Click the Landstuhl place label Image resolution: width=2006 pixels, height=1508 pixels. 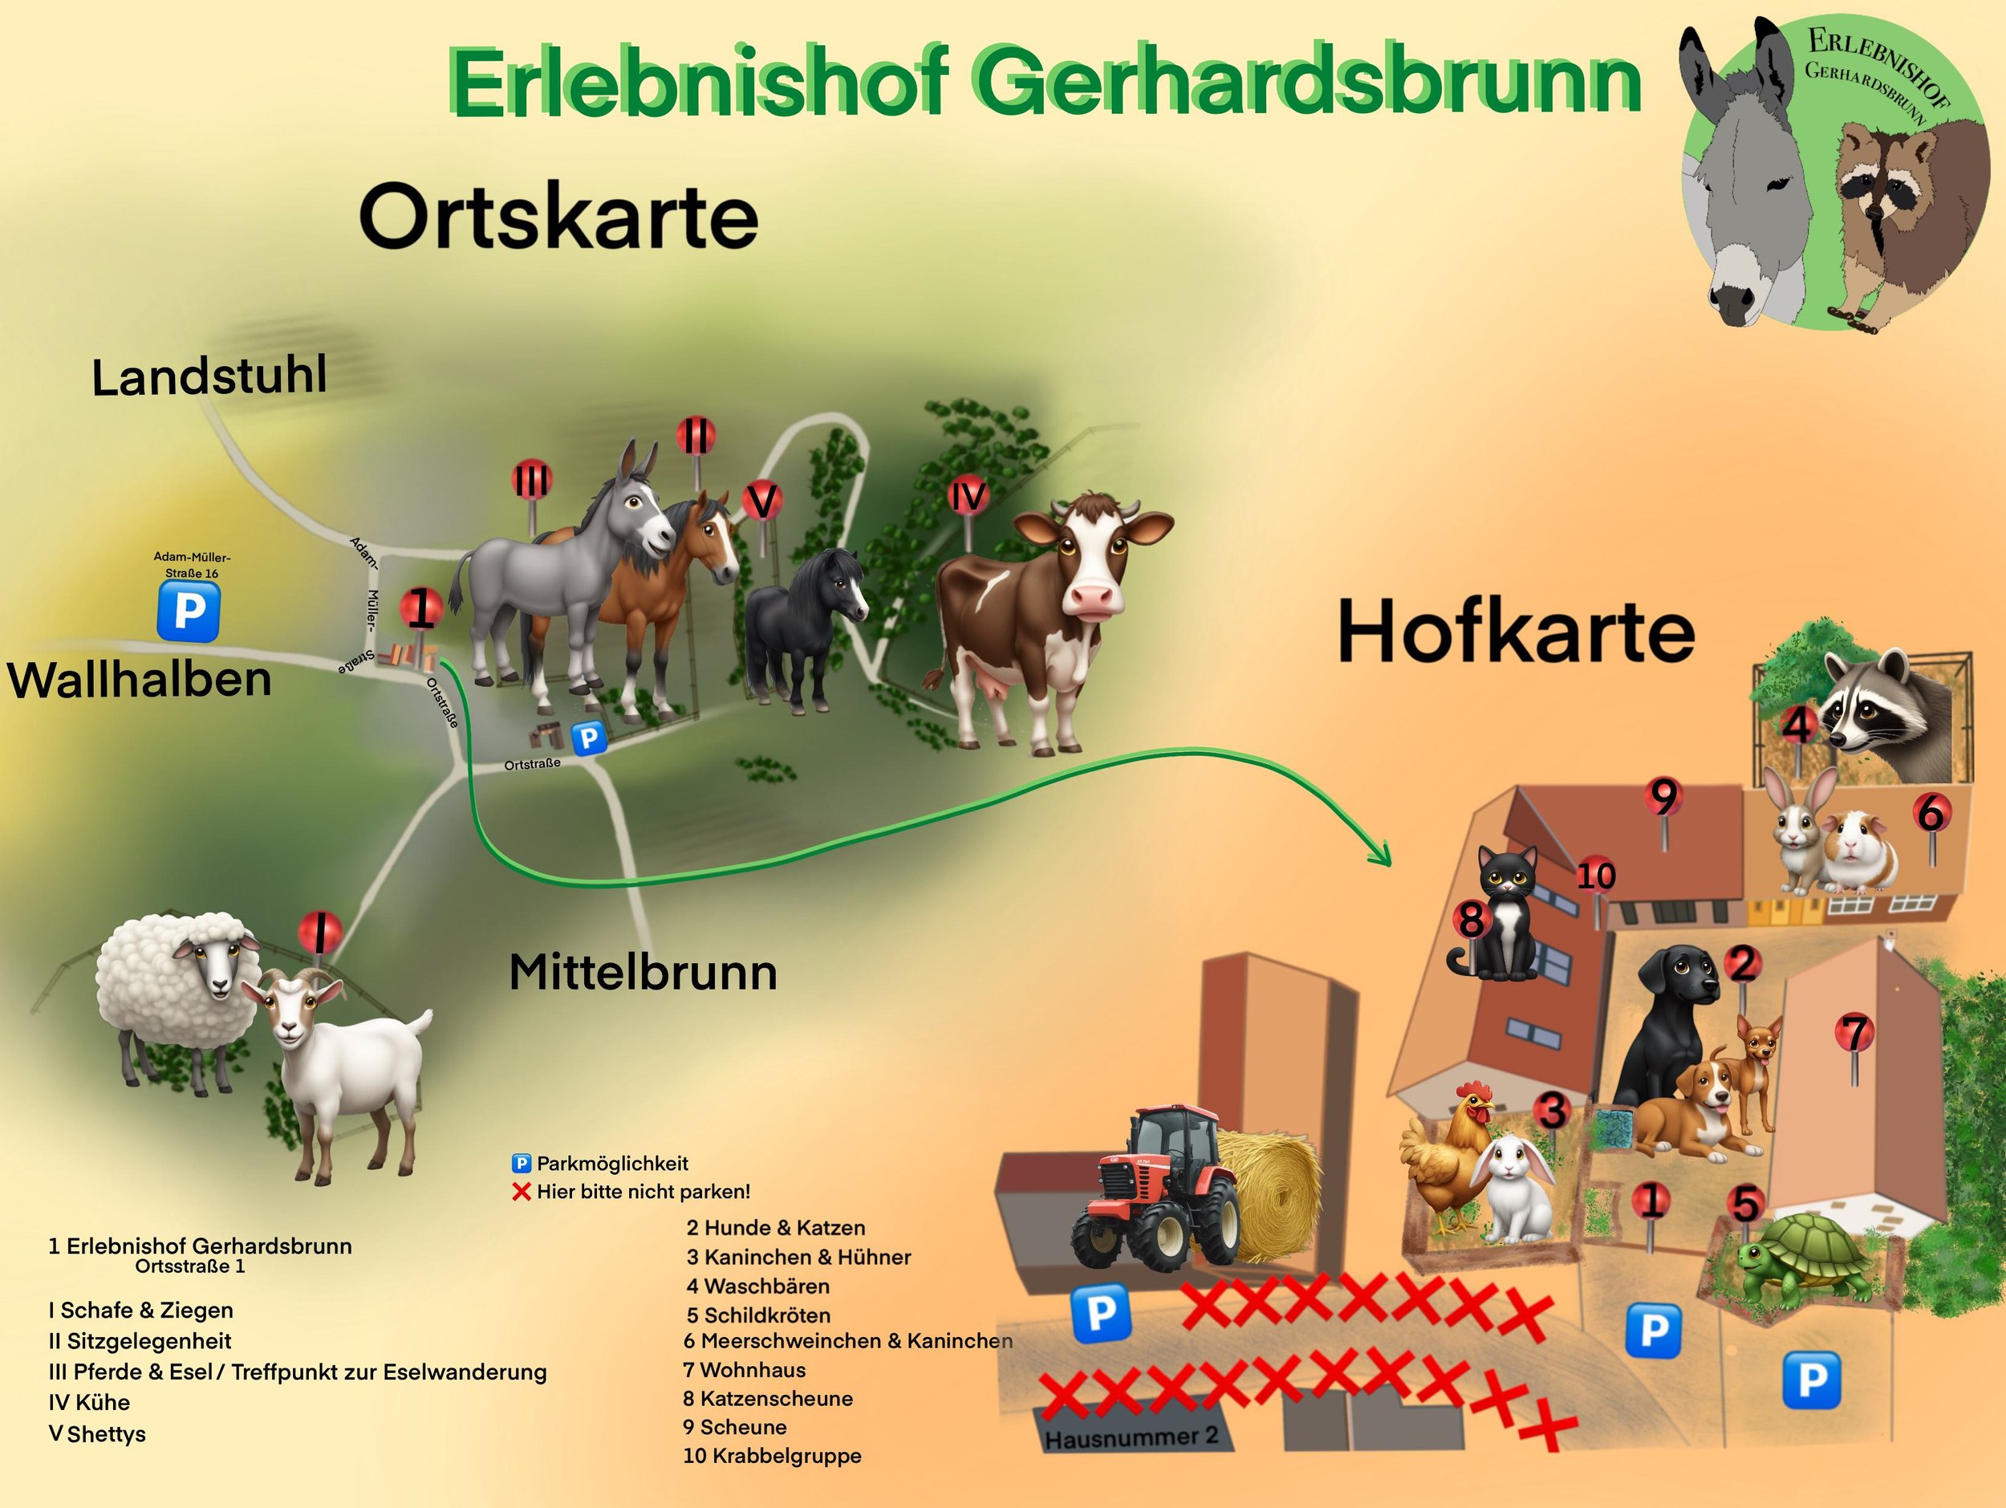coord(209,376)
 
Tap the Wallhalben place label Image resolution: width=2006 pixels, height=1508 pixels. coord(140,680)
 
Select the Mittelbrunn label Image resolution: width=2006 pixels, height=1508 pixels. coord(643,973)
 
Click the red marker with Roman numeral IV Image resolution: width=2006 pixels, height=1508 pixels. coord(968,497)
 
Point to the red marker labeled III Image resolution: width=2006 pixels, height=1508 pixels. coord(532,480)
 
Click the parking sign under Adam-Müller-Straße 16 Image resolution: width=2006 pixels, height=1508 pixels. coord(189,612)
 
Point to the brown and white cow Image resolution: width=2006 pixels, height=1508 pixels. coord(1043,616)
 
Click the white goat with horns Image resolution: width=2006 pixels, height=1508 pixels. coord(340,1070)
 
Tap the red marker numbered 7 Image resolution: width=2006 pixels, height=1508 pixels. coord(1854,1034)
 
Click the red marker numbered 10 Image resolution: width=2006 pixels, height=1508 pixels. coord(1595,876)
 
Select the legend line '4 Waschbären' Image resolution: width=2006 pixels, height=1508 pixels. coord(757,1286)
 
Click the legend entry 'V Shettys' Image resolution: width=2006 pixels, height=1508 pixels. coord(97,1433)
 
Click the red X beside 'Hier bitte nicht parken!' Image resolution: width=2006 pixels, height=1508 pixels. coord(522,1192)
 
